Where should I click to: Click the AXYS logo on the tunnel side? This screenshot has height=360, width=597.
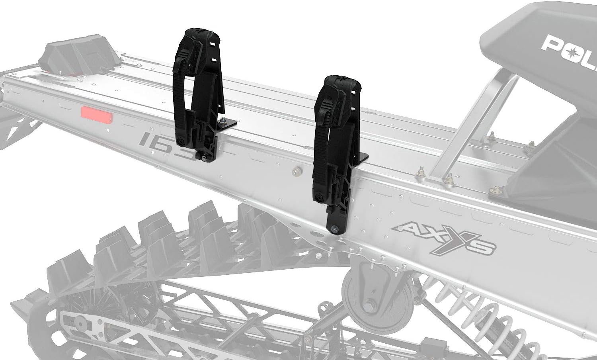click(x=444, y=238)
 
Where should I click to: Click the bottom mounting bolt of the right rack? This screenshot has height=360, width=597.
click(x=334, y=228)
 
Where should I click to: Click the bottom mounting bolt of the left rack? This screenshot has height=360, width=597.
click(x=204, y=158)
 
